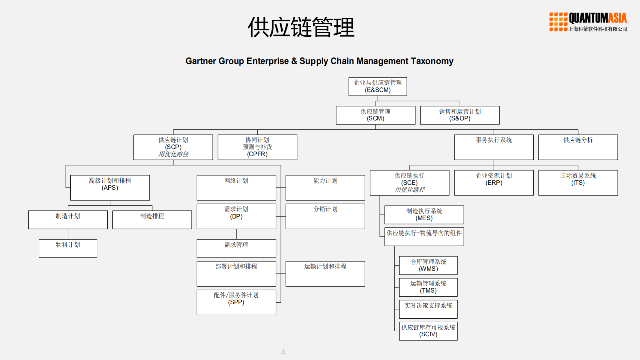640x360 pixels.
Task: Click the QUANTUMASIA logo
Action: (588, 22)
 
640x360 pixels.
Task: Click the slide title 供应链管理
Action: (301, 27)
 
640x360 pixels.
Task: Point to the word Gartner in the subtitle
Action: (200, 61)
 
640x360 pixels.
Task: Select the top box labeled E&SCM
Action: (378, 86)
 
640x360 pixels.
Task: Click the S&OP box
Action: (460, 115)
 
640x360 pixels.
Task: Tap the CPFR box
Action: (257, 147)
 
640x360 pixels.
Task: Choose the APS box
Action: (110, 188)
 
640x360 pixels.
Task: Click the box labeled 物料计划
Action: (68, 248)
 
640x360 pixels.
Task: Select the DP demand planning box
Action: (236, 216)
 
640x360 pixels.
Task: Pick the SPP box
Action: (236, 302)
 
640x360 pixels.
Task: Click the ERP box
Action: (494, 183)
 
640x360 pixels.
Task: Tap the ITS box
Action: (578, 183)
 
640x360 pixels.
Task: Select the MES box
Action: (424, 215)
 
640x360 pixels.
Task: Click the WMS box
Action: (428, 265)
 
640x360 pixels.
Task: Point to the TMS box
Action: (428, 287)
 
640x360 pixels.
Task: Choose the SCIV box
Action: (428, 331)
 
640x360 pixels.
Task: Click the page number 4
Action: (283, 352)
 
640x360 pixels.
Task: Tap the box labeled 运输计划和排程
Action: (325, 273)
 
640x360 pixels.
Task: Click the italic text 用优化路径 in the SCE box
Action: (410, 190)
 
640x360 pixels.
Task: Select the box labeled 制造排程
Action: (152, 220)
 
